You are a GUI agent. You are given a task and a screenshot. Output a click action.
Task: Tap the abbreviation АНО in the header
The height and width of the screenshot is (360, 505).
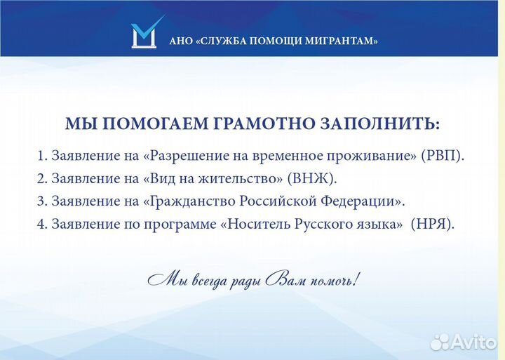(179, 41)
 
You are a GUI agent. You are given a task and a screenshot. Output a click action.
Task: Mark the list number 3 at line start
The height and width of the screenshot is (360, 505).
(41, 201)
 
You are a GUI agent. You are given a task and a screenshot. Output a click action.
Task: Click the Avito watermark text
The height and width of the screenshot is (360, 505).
(473, 342)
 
